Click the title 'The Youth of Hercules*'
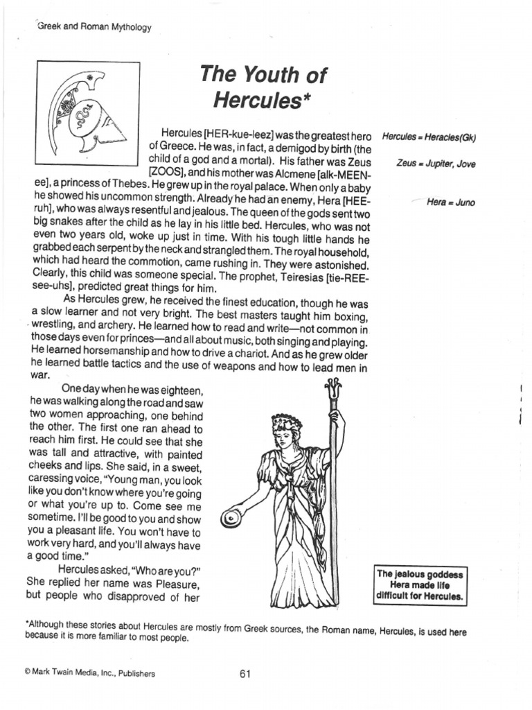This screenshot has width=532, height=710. click(263, 87)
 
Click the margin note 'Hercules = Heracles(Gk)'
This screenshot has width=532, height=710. click(429, 137)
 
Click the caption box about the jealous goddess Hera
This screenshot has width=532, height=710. click(420, 585)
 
